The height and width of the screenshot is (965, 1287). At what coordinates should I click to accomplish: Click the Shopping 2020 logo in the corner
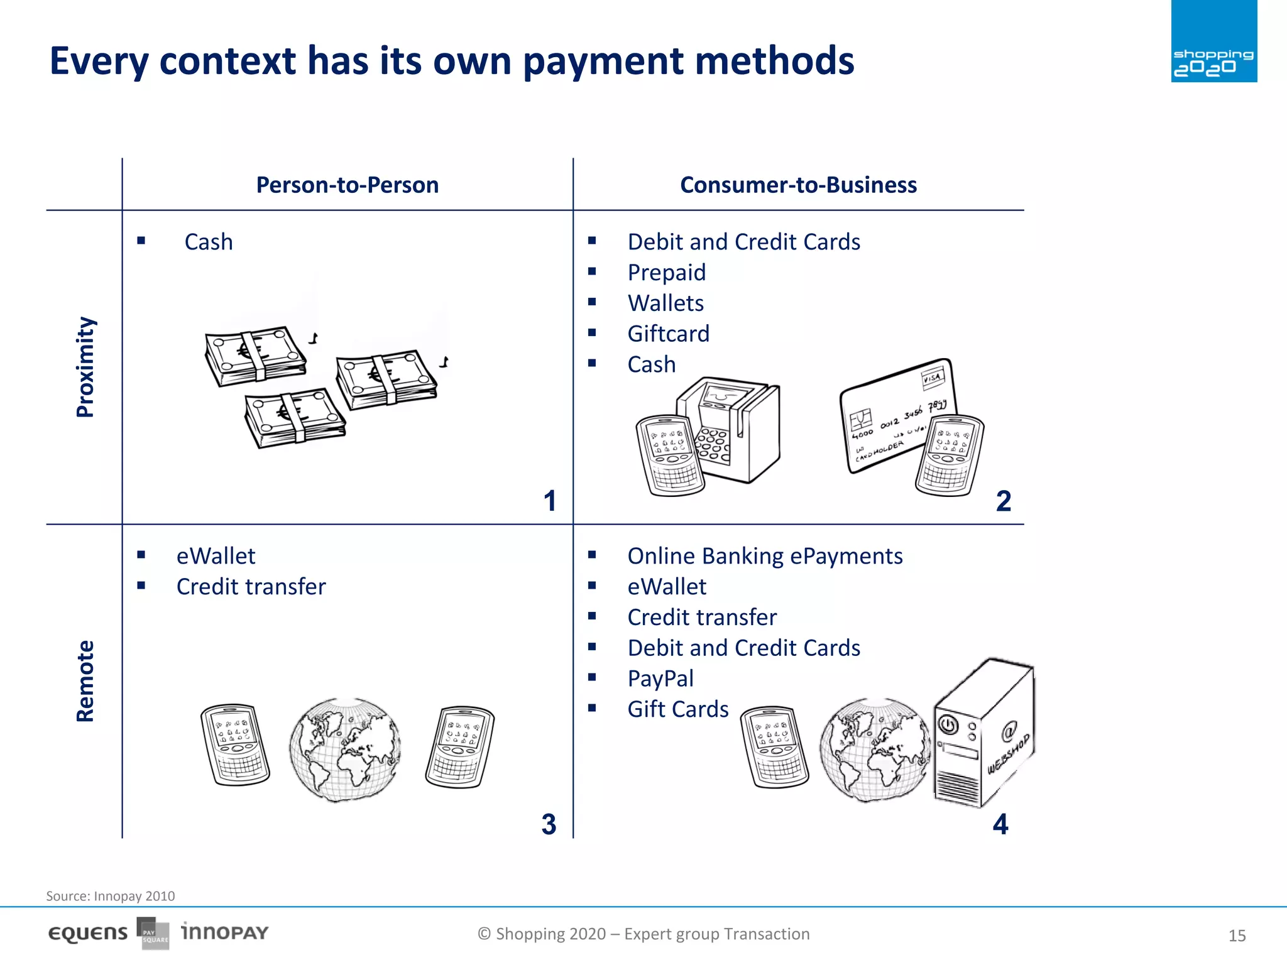[x=1213, y=41]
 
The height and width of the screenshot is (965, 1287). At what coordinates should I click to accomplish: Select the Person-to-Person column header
[x=347, y=185]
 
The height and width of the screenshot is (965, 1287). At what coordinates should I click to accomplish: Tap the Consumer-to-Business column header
[x=798, y=185]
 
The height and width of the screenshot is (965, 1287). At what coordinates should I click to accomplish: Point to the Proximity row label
[x=85, y=367]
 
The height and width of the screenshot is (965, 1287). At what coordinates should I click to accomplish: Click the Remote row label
[x=85, y=681]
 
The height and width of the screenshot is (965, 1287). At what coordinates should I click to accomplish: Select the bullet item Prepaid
[x=666, y=273]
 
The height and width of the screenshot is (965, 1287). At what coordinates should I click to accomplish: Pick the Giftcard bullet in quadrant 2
[x=668, y=334]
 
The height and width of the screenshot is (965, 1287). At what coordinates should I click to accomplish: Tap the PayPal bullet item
[x=660, y=679]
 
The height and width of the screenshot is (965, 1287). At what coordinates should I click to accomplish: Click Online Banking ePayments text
[x=764, y=556]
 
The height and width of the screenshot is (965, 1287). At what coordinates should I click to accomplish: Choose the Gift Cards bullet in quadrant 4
[x=677, y=709]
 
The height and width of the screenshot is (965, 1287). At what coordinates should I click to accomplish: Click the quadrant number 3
[x=549, y=824]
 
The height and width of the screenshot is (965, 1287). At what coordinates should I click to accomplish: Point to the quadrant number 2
[x=1003, y=501]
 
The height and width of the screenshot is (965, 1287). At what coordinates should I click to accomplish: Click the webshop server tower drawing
[x=982, y=732]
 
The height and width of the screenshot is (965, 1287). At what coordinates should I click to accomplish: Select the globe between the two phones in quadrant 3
[x=344, y=749]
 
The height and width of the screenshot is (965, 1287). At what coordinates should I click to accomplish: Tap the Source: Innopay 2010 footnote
[x=111, y=896]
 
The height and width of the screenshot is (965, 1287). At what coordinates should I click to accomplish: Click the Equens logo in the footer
[x=88, y=934]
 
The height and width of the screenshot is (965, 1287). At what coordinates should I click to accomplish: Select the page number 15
[x=1237, y=935]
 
